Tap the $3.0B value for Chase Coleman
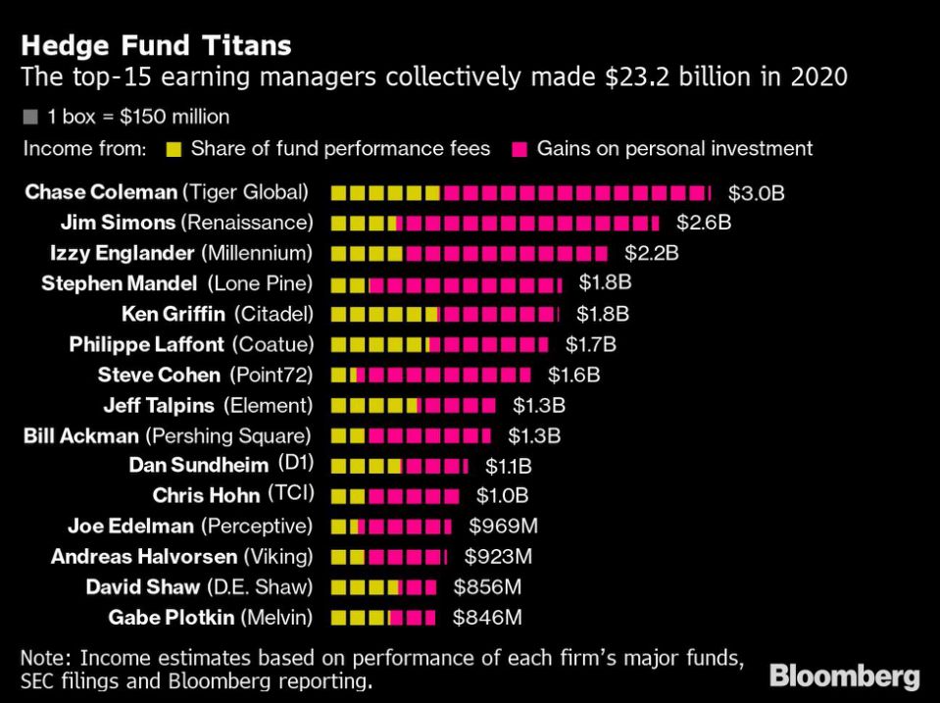[757, 193]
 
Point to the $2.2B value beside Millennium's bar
[652, 254]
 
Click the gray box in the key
[30, 118]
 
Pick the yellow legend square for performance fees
[174, 149]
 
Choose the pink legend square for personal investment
[519, 149]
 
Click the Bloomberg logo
[844, 676]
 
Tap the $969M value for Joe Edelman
[503, 527]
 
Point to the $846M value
[486, 618]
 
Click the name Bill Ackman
[81, 435]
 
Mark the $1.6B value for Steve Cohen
[573, 375]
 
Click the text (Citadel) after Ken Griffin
[272, 315]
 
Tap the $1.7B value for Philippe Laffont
[590, 344]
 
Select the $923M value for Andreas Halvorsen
[498, 557]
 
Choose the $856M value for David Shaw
[486, 587]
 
